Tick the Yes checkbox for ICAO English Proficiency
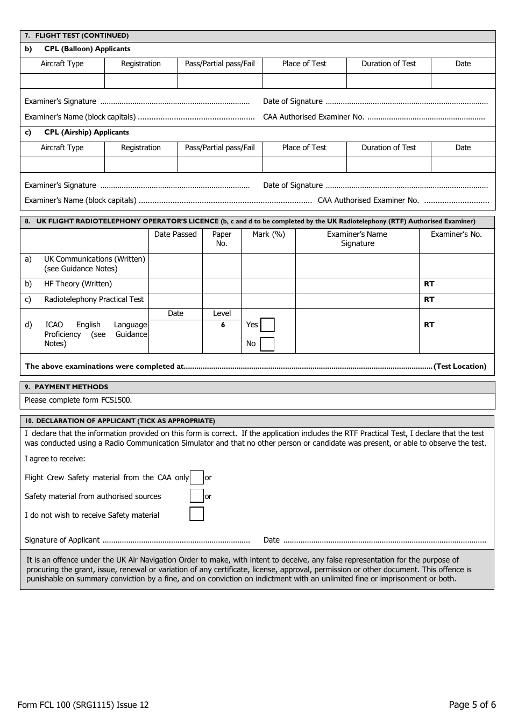267,325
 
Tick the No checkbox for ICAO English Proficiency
267,344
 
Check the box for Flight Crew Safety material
197,477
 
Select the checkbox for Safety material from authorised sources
197,496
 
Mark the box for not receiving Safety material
197,514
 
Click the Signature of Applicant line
176,540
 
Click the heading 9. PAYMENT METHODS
67,387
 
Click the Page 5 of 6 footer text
472,705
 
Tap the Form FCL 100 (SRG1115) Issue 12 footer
83,705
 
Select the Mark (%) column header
268,235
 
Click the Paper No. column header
222,239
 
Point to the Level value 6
222,325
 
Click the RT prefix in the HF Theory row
429,284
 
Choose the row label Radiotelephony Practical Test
94,300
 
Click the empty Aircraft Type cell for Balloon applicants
62,81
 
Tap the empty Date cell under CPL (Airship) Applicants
463,165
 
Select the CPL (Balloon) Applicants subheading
87,49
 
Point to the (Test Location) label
460,367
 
